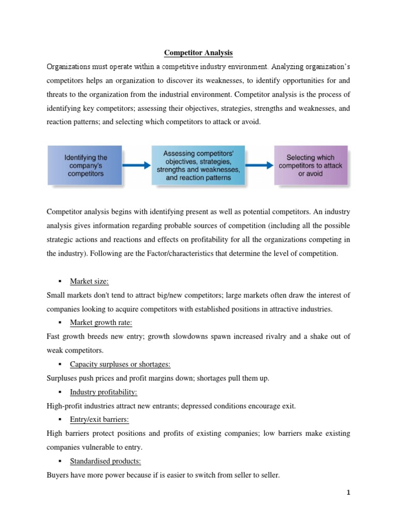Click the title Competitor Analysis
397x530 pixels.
point(198,52)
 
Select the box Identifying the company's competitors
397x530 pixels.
point(85,166)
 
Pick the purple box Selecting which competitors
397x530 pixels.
point(310,166)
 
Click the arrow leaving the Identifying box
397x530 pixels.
point(136,166)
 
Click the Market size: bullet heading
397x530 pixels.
point(90,281)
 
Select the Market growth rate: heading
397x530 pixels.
point(101,322)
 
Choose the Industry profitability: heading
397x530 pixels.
point(103,392)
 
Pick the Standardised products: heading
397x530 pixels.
point(105,462)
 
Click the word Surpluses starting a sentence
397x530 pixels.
point(62,378)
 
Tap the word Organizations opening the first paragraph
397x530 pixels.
point(70,66)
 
